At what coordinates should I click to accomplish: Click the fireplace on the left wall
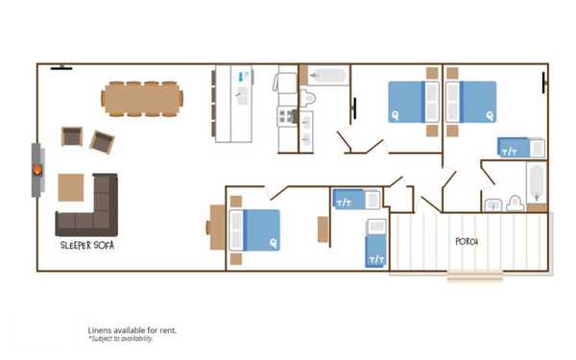36,171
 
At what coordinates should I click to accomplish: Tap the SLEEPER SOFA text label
82,245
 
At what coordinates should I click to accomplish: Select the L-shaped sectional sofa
89,211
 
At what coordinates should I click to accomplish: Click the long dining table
142,97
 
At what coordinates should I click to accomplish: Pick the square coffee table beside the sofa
70,186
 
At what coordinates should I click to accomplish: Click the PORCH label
467,242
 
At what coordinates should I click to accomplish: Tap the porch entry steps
474,276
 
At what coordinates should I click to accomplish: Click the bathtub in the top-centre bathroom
326,75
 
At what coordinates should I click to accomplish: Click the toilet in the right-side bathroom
515,204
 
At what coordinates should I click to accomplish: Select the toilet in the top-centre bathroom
308,97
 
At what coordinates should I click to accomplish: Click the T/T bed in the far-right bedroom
519,148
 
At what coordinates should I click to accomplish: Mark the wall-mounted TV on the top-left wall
61,67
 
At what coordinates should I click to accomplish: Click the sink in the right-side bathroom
492,204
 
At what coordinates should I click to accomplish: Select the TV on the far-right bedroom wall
546,83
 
